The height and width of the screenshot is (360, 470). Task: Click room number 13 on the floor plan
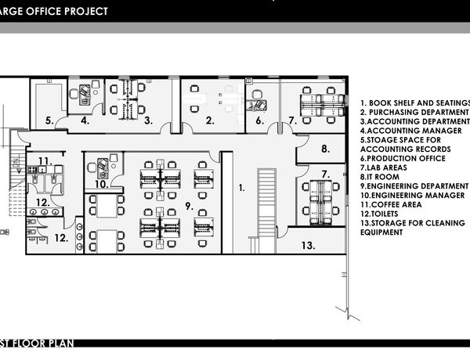[x=308, y=246]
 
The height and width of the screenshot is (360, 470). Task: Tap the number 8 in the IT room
[x=326, y=149]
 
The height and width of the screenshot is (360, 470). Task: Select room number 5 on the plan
[x=50, y=121]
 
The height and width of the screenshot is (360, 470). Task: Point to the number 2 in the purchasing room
[x=210, y=121]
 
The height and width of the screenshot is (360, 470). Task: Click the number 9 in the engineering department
[x=189, y=206]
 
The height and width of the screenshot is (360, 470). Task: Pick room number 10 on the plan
[x=102, y=184]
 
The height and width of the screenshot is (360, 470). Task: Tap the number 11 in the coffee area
[x=45, y=161]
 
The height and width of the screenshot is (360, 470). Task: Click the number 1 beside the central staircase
[x=241, y=188]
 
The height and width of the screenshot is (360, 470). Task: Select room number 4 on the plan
[x=85, y=121]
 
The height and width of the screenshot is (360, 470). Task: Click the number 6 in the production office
[x=260, y=121]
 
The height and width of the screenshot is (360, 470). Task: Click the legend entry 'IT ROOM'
[x=380, y=177]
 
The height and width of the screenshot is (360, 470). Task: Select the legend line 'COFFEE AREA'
[x=391, y=205]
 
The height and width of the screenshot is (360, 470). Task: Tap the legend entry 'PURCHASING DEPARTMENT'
[x=414, y=113]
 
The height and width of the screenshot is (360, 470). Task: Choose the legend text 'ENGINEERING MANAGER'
[x=413, y=196]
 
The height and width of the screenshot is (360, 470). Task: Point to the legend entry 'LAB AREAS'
[x=384, y=167]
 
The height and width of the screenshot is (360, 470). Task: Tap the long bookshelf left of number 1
[x=227, y=203]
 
